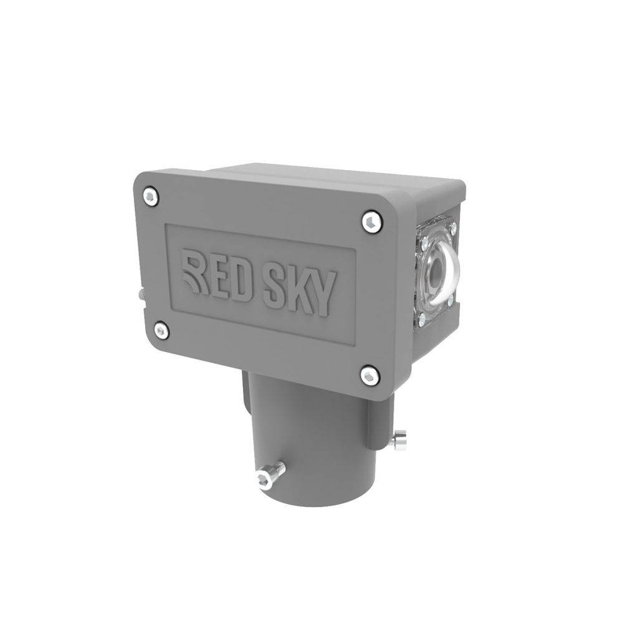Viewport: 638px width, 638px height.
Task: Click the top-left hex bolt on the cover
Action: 151,196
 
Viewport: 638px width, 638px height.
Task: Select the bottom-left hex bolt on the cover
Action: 161,330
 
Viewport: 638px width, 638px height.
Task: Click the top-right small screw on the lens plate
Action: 453,226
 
